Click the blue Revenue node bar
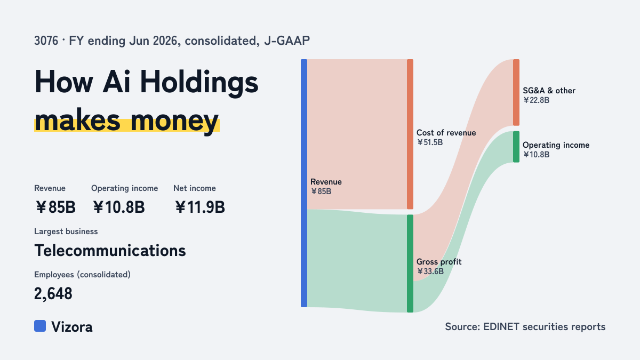tap(304, 183)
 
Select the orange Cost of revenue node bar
tap(410, 134)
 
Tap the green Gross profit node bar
tap(410, 263)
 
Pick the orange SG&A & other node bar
tap(516, 92)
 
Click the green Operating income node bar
tap(516, 147)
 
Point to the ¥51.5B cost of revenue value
tap(430, 142)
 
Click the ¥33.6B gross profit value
tap(430, 271)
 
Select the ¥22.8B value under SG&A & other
tap(537, 100)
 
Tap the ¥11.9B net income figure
tap(200, 207)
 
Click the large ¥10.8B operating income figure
tap(119, 207)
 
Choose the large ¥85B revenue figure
tap(55, 207)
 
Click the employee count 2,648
tap(53, 294)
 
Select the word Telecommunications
tap(110, 251)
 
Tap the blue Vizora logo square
tap(40, 326)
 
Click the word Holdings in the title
tap(199, 82)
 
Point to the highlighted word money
tap(174, 121)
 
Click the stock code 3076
tap(46, 41)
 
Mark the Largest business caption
tap(66, 231)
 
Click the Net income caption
tap(195, 188)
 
